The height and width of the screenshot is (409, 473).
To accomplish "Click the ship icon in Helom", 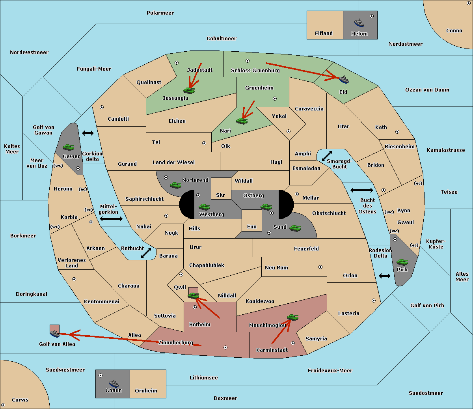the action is click(x=359, y=23).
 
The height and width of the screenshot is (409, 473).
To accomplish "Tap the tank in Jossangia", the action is click(x=189, y=90).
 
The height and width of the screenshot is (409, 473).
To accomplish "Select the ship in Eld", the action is click(x=344, y=79).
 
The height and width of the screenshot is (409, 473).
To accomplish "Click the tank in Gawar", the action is click(x=69, y=147).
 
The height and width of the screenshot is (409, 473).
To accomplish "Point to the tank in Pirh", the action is click(x=402, y=262).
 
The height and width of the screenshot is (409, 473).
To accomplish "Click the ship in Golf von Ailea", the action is click(x=55, y=333).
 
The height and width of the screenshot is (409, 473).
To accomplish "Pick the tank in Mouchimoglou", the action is click(x=293, y=317).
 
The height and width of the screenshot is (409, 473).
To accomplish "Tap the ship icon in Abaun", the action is click(x=114, y=383).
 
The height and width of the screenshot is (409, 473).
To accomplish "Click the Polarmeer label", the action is click(x=160, y=13).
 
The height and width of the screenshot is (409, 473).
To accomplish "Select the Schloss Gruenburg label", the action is click(x=255, y=70).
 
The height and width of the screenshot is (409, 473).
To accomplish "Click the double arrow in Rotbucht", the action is click(x=146, y=253).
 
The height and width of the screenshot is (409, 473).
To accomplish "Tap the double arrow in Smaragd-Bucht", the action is click(x=327, y=156).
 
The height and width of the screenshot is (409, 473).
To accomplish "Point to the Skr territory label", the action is click(x=221, y=195).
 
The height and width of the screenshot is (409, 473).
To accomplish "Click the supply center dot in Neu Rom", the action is click(x=320, y=267).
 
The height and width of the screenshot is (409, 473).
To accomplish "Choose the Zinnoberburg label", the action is click(x=176, y=343).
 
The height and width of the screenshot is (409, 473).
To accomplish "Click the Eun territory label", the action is click(x=252, y=226).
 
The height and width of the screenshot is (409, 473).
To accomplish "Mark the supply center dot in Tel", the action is click(x=204, y=143).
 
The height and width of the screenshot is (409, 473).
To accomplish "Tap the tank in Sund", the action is click(x=295, y=228).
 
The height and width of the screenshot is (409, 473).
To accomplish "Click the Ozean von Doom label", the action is click(x=427, y=90).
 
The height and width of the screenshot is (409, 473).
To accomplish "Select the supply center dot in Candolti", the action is click(x=102, y=107).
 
